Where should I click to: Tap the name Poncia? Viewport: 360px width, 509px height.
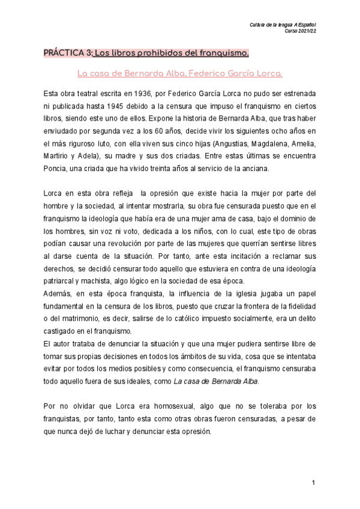56,169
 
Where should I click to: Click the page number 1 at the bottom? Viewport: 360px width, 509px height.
313,483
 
